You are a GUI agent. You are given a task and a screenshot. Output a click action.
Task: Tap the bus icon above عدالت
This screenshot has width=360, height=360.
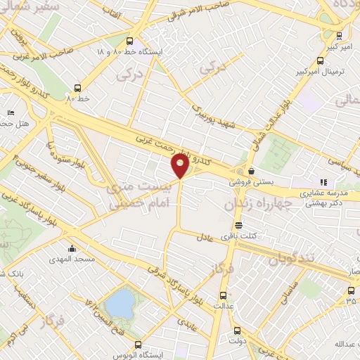(x=224, y=295)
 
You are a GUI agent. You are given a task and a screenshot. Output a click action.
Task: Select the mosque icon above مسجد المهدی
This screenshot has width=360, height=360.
(x=72, y=248)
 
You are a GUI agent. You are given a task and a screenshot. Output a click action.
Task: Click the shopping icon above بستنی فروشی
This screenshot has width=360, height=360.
(x=251, y=170)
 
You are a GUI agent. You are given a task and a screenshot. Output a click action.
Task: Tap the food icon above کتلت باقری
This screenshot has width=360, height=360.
(x=239, y=226)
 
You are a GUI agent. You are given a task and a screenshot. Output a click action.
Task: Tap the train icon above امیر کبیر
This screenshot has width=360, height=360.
(x=340, y=35)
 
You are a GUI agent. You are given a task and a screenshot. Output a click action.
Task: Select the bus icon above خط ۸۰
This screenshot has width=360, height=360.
(x=77, y=88)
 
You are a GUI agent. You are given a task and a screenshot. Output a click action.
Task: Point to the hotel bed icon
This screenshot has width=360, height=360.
(x=10, y=112)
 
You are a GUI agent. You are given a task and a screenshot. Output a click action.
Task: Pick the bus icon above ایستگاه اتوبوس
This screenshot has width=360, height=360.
(x=139, y=345)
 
